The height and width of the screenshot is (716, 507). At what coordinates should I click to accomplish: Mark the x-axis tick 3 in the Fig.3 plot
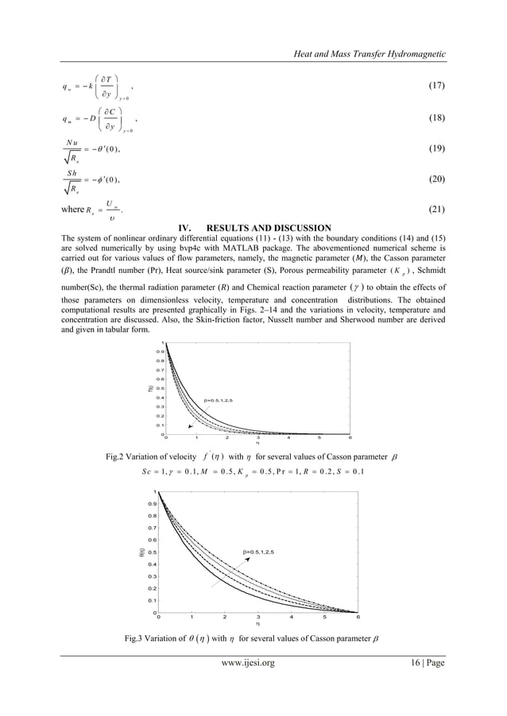257,617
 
